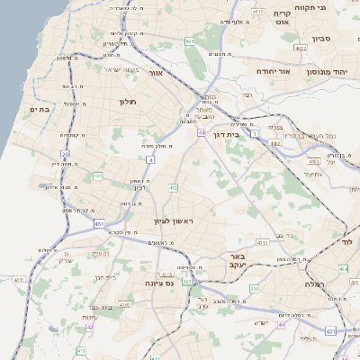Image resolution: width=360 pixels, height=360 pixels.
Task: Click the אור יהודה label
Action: click(273, 69)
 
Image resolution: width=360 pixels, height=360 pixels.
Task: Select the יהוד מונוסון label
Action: click(325, 69)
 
